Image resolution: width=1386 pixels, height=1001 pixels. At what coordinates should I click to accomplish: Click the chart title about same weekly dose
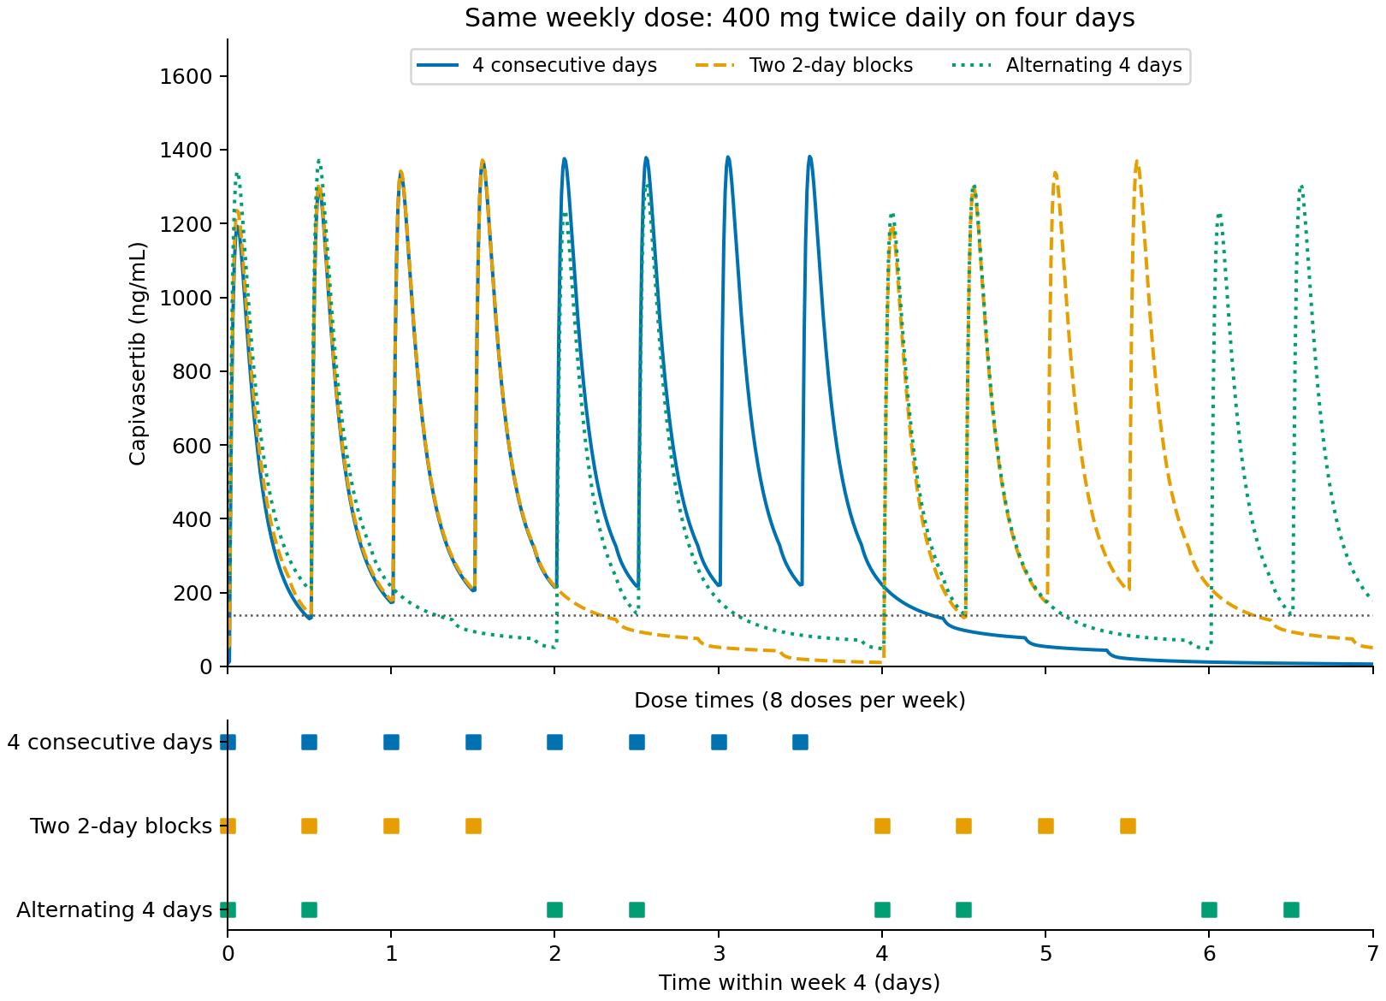click(799, 18)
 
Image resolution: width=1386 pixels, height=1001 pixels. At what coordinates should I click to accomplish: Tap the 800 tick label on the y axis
click(192, 372)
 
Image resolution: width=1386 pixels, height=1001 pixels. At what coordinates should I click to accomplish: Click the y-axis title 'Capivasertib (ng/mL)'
click(138, 354)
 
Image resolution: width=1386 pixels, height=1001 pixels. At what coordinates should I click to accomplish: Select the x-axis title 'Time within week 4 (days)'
click(799, 982)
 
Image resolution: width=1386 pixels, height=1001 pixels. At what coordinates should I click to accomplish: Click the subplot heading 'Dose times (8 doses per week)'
click(799, 701)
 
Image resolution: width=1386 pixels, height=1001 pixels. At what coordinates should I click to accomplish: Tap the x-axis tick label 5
click(1045, 953)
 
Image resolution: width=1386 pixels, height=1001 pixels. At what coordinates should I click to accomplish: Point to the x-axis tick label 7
click(1373, 953)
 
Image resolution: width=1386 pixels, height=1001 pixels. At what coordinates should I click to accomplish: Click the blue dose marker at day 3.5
click(800, 742)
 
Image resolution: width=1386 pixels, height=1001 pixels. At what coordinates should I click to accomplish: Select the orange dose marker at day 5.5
click(1128, 826)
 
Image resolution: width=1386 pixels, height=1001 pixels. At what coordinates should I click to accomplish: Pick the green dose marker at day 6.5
click(1291, 909)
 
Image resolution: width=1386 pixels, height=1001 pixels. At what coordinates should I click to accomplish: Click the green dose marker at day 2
click(555, 909)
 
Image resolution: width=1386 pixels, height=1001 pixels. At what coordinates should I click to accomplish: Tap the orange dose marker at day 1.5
click(473, 826)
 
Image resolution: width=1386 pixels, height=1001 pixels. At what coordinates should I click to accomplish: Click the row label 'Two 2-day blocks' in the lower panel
click(121, 826)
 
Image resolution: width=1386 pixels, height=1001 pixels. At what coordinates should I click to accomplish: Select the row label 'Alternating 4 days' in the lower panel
click(115, 909)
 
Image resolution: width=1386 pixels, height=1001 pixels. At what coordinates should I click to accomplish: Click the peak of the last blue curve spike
click(809, 157)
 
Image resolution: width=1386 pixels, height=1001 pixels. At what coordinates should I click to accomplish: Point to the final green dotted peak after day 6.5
click(1302, 186)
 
